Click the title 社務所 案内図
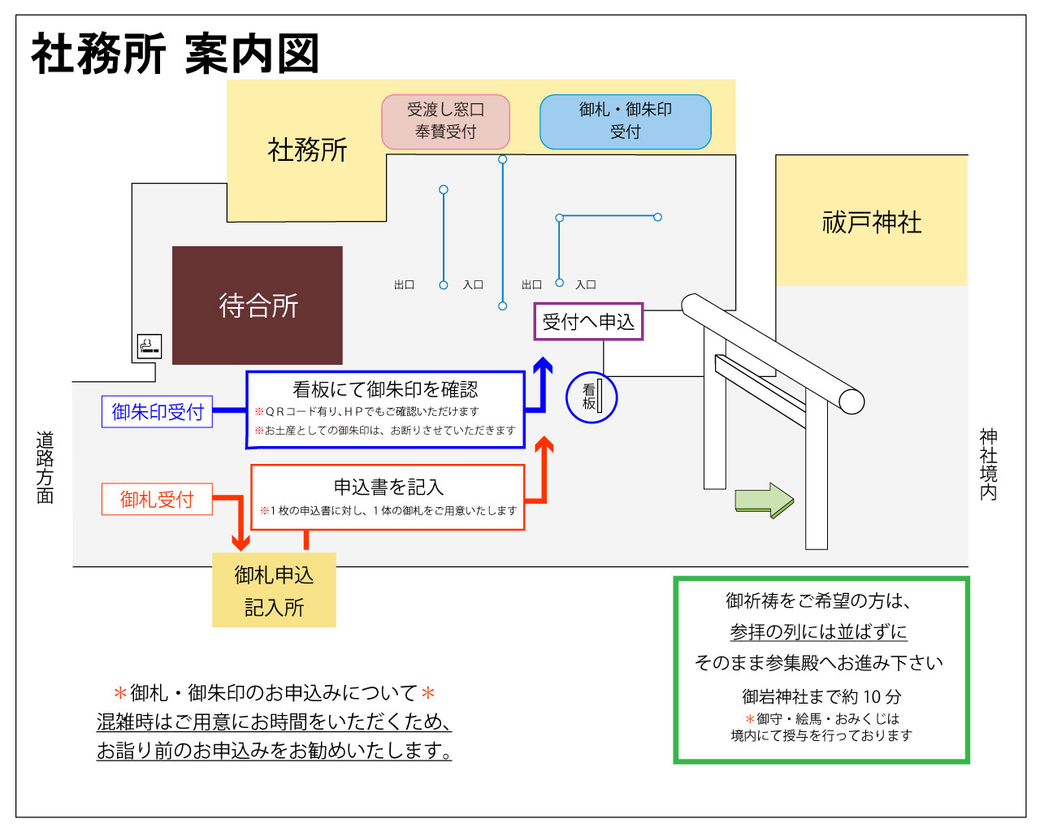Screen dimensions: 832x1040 coord(175,54)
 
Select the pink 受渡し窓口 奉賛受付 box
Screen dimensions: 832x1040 coord(445,121)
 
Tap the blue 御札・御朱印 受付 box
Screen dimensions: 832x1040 coord(625,121)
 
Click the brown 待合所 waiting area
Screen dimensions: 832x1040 coord(258,305)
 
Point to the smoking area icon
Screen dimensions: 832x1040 coord(149,346)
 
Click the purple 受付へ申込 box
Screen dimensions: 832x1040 coord(588,322)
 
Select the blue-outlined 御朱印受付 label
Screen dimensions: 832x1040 coord(157,412)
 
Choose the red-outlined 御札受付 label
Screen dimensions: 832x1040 coord(157,499)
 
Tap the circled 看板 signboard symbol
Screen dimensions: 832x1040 coord(591,397)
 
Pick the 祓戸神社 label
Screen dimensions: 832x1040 coord(872,222)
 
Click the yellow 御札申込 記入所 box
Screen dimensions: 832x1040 coord(274,591)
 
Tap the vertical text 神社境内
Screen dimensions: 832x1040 coord(988,464)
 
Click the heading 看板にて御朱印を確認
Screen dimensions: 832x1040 coord(385,389)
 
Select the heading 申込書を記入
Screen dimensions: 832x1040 coord(388,487)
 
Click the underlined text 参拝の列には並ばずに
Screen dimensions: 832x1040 coord(818,631)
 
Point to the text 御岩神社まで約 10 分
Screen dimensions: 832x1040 coord(821,696)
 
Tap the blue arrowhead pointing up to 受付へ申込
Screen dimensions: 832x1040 coord(542,366)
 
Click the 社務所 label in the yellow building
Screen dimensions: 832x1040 coord(307,149)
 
